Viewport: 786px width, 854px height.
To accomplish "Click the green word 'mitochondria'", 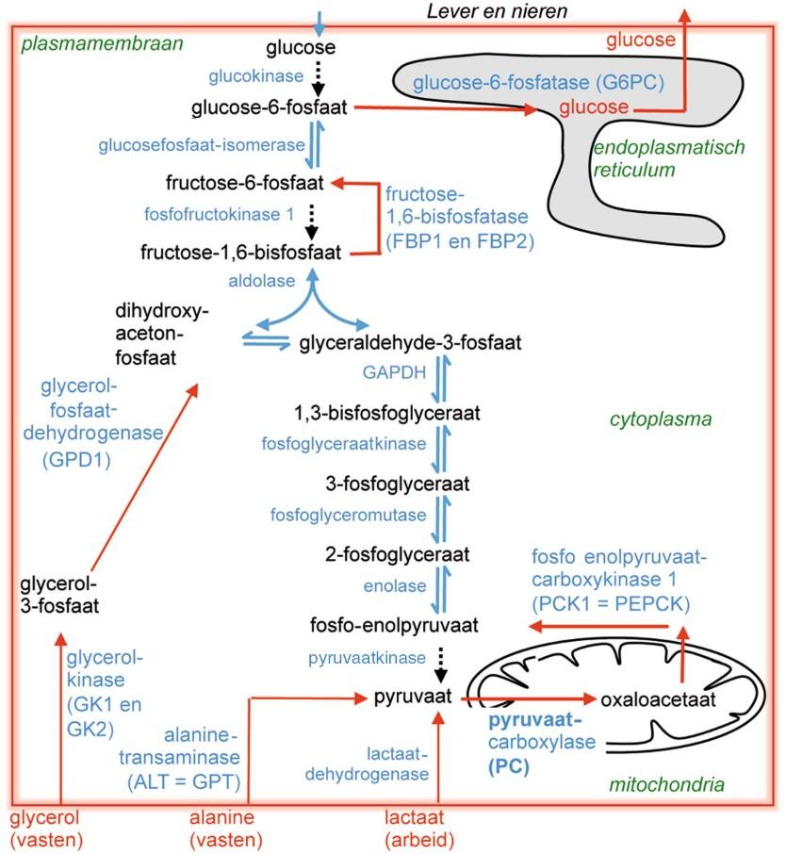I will [679, 782].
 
